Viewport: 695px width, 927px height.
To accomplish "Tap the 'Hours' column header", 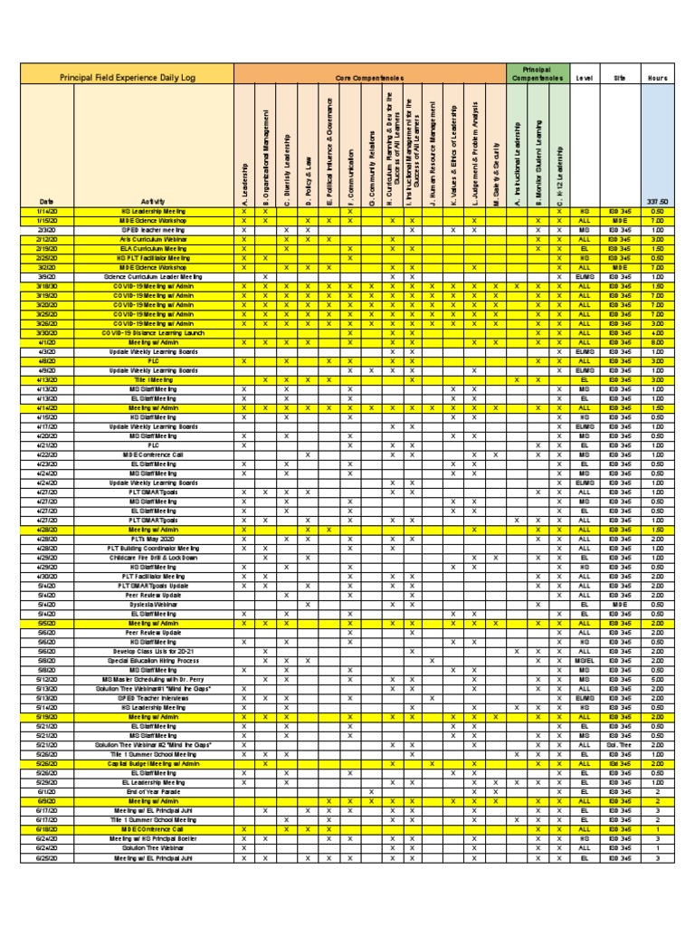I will point(657,79).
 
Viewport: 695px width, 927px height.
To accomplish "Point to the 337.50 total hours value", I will point(657,201).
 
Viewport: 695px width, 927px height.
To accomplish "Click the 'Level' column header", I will point(584,79).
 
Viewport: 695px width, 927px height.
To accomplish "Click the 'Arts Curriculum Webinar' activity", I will point(153,239).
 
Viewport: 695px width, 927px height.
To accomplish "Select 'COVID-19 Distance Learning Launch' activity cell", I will point(153,332).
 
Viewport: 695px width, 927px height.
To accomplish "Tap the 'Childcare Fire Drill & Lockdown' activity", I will point(153,557).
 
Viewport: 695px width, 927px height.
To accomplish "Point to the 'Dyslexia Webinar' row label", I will point(153,604).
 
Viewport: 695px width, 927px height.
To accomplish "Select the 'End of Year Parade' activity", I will point(153,791).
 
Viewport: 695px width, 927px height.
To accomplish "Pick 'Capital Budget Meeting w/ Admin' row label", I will point(153,763).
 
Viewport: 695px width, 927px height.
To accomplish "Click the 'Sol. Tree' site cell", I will point(620,744).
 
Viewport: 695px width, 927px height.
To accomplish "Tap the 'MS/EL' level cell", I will point(584,660).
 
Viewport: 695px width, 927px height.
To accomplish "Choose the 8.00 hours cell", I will point(657,342).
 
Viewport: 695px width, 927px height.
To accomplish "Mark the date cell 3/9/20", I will point(46,276).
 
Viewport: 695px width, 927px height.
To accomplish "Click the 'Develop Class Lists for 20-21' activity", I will point(153,651).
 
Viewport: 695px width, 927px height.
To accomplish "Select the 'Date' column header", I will point(46,201).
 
